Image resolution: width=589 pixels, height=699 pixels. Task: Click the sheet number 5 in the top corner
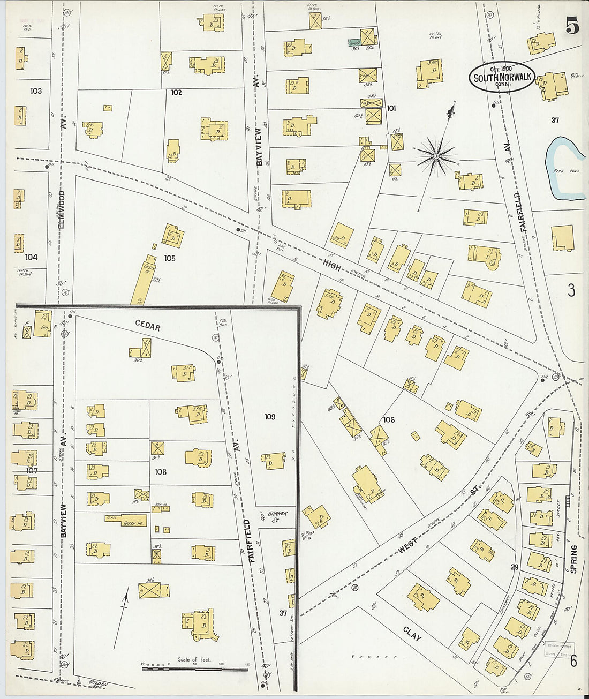(571, 25)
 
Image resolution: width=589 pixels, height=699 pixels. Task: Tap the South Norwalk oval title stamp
(502, 77)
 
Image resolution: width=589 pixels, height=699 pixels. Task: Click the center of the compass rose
(436, 156)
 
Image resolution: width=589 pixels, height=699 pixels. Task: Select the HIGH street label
(331, 264)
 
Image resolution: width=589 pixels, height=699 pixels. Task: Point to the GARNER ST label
(277, 516)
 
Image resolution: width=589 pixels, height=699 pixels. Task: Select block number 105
(170, 258)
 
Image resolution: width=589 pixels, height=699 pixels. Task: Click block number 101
(391, 108)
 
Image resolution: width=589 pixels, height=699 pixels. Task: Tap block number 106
(389, 419)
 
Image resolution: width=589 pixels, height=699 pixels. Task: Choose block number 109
(269, 416)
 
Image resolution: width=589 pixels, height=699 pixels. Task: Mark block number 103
(36, 91)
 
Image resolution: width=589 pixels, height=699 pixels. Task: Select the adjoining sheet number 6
(573, 662)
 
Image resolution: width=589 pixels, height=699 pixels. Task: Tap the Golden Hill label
(99, 684)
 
